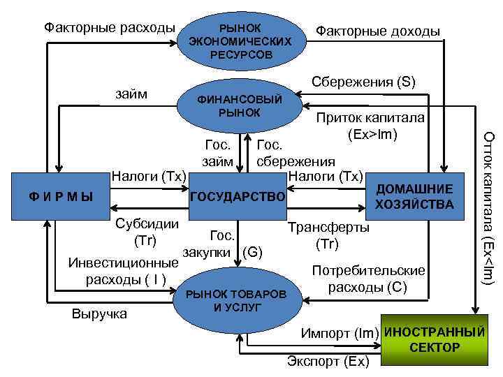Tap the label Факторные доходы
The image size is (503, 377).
pyautogui.click(x=378, y=31)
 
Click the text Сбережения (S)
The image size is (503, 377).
pyautogui.click(x=363, y=82)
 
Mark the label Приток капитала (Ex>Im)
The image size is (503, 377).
pyautogui.click(x=370, y=126)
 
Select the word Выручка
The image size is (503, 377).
pyautogui.click(x=99, y=313)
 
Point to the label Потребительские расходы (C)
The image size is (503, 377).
pyautogui.click(x=367, y=278)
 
